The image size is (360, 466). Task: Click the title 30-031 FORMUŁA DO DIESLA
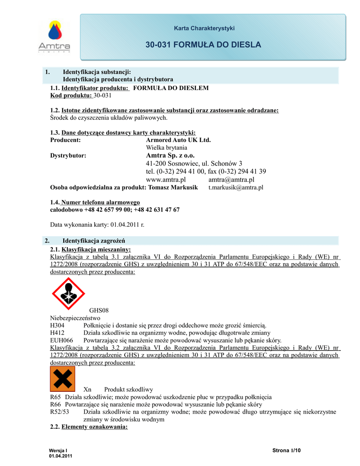203,45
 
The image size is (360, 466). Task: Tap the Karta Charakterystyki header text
204,28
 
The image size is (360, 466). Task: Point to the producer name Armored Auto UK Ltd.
178,140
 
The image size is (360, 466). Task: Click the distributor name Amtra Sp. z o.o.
170,155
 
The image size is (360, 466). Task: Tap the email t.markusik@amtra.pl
236,187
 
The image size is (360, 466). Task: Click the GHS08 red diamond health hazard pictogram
68,294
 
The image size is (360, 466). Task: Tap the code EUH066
60,340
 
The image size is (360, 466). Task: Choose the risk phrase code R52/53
60,412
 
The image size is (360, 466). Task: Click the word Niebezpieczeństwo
75,318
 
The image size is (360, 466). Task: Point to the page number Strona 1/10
287,451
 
